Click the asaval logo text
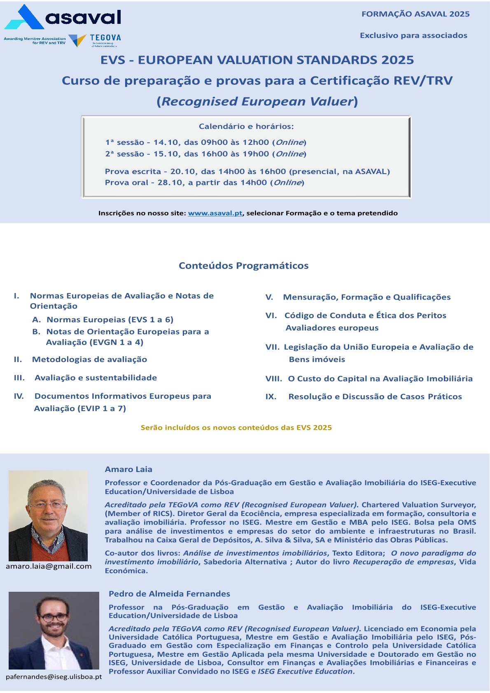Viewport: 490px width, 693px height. click(83, 17)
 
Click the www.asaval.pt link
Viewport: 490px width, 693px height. click(215, 213)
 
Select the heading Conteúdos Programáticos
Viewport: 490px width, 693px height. click(243, 266)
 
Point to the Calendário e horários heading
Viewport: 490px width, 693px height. click(246, 126)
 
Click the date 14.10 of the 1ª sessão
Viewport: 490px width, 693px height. click(166, 142)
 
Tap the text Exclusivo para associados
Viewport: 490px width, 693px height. click(413, 35)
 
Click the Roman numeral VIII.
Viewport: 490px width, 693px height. click(273, 379)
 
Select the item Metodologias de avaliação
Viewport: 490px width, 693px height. click(89, 359)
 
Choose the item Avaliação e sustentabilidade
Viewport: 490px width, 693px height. click(96, 378)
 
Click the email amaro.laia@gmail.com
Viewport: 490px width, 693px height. click(49, 566)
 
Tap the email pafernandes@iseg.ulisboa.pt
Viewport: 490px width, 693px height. click(54, 677)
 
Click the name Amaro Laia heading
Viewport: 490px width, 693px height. click(128, 469)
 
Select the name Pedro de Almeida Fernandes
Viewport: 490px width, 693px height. click(169, 593)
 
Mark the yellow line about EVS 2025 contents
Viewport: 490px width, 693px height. click(236, 428)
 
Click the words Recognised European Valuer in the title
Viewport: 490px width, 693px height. click(257, 101)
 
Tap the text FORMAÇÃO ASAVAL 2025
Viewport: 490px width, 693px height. click(415, 14)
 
